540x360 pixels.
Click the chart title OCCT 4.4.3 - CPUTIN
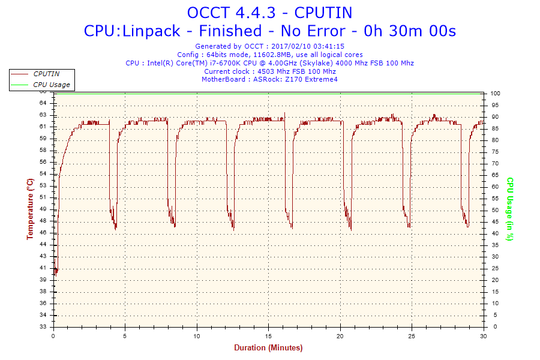pos(269,13)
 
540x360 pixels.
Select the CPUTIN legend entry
pos(46,74)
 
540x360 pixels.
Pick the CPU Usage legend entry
pos(51,85)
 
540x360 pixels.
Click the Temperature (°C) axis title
pos(29,209)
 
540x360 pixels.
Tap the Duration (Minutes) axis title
pos(268,347)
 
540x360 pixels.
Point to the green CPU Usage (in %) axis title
pos(510,209)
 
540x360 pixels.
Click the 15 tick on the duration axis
pos(269,336)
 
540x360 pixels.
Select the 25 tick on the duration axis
pos(412,336)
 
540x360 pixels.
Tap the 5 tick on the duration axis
pos(125,336)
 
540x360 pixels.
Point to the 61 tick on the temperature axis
pos(43,127)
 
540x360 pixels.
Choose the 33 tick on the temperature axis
pos(43,327)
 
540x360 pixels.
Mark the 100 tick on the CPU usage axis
pos(496,94)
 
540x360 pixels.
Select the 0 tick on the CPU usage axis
pos(493,327)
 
